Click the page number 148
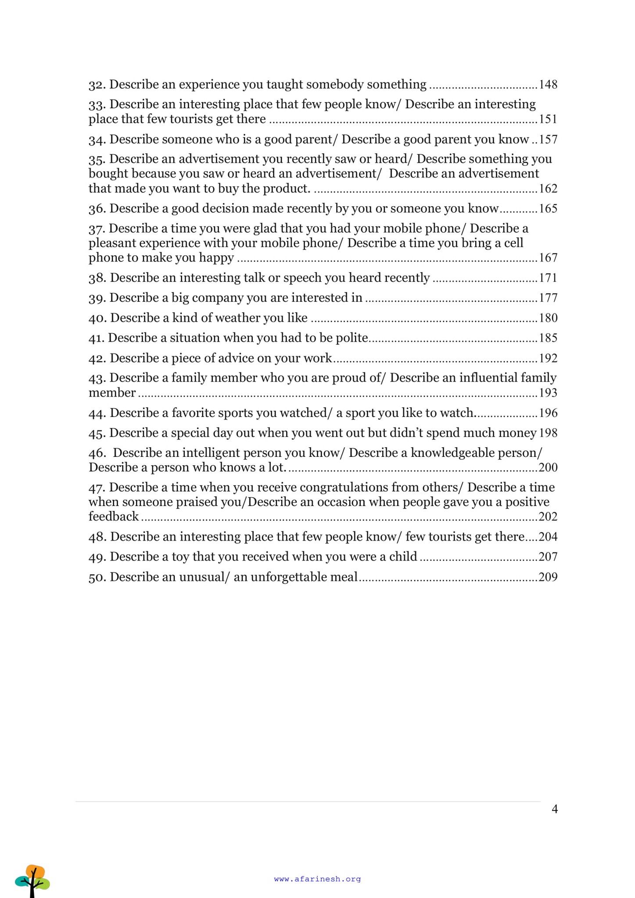548,84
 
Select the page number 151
548,119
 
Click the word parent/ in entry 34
316,139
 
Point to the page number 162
548,189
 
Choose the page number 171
548,278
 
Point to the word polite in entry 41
352,338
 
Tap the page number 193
548,393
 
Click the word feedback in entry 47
114,517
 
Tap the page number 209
548,577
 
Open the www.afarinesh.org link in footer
317,879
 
